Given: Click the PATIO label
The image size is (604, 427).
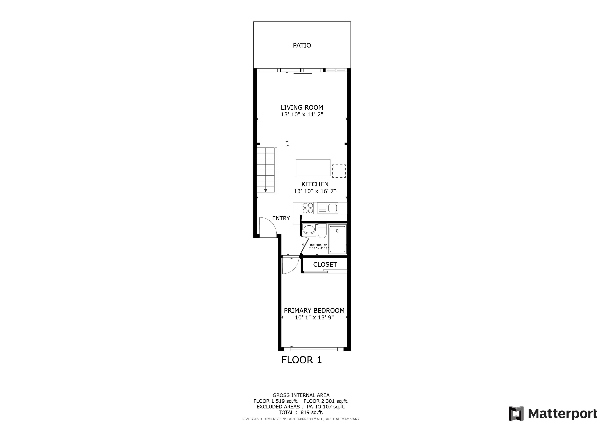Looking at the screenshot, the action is (x=302, y=45).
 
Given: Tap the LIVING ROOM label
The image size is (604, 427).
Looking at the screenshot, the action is (x=302, y=107).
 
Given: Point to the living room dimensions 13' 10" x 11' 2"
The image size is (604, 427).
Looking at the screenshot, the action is (x=302, y=114).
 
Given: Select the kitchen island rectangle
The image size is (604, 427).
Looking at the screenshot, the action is (x=313, y=167).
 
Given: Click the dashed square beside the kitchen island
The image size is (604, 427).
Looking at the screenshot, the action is (x=339, y=171).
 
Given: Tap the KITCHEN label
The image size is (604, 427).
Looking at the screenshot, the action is (x=315, y=184).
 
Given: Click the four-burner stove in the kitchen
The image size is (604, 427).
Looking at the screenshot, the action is (x=308, y=208).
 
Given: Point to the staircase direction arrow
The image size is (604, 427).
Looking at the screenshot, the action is (x=266, y=190).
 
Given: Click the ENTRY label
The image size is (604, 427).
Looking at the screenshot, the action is (x=281, y=218).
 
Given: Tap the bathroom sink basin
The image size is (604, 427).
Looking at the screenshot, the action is (x=309, y=229).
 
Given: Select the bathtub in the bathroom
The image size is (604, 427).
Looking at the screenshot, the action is (x=337, y=239).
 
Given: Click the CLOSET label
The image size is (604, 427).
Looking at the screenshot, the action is (x=325, y=265).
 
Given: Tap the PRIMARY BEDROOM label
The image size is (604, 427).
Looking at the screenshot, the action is (x=314, y=310).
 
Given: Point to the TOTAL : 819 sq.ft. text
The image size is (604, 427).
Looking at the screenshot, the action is (x=301, y=412).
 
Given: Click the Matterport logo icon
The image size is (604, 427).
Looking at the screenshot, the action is (x=516, y=414).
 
